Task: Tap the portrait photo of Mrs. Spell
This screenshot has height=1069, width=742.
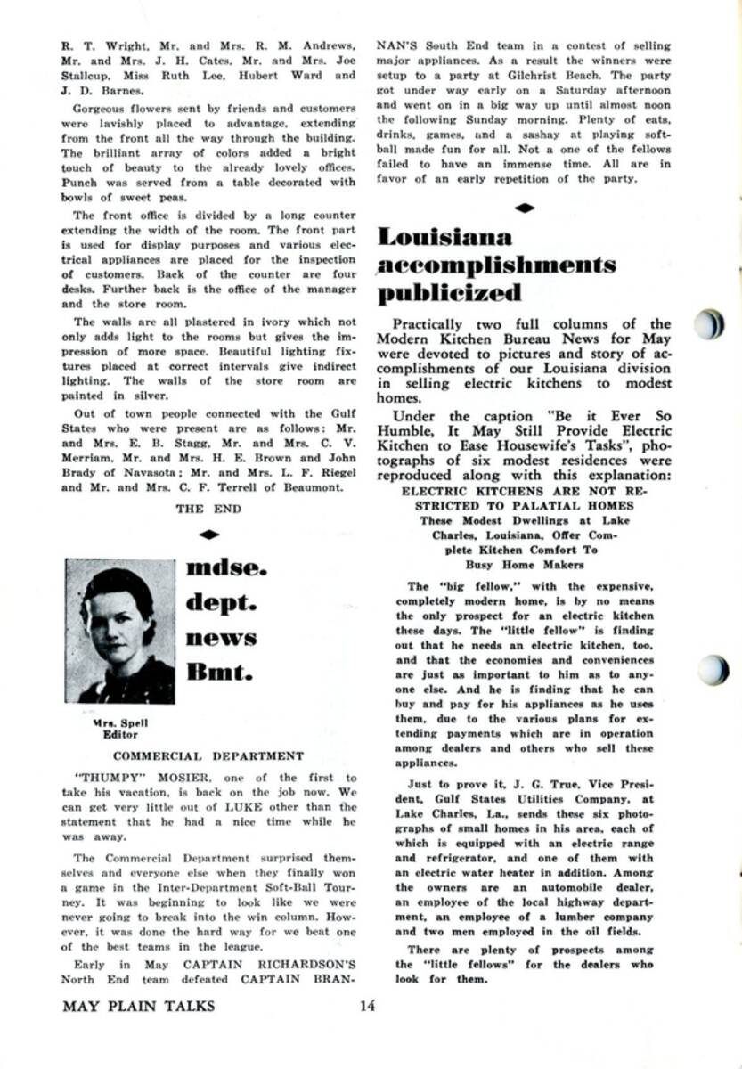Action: click(120, 631)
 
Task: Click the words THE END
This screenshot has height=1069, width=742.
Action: click(208, 509)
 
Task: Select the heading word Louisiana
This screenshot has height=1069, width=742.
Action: click(444, 237)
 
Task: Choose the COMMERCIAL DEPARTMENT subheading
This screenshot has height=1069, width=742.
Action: click(208, 756)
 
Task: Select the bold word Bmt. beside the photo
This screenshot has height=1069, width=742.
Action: click(218, 672)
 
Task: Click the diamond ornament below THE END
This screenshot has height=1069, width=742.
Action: click(208, 534)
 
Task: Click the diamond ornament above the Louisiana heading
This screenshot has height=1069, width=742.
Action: click(526, 208)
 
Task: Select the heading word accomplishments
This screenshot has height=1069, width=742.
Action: click(496, 265)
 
